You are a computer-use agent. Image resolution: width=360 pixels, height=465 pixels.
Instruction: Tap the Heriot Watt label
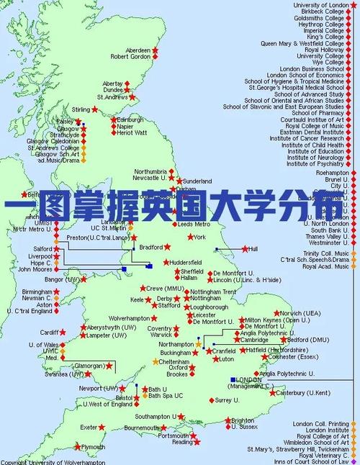click(131, 132)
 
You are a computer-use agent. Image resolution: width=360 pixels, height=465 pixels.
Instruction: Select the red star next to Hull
click(245, 249)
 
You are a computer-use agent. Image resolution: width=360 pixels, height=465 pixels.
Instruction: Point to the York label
click(199, 237)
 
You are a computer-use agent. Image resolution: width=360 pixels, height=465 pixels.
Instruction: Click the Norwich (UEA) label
click(301, 313)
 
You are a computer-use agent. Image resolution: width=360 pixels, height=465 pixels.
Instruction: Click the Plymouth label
click(92, 446)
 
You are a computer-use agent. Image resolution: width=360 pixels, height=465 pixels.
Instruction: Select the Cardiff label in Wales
click(49, 333)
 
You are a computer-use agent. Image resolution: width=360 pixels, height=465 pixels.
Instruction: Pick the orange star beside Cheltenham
click(155, 361)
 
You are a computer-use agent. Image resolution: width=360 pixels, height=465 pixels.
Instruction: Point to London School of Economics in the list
click(305, 75)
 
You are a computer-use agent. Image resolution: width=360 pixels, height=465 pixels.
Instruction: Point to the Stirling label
click(81, 109)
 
